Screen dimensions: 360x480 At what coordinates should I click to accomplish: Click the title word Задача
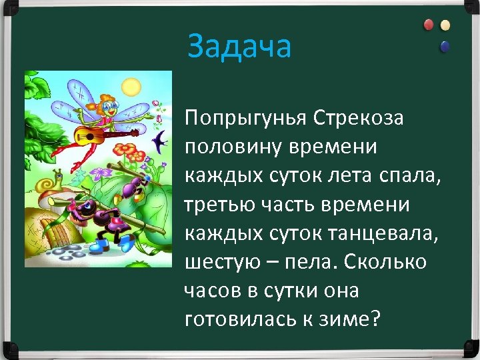(x=239, y=47)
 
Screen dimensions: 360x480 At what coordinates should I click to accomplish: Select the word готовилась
(x=243, y=319)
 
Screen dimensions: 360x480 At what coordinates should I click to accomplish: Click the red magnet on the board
(x=429, y=25)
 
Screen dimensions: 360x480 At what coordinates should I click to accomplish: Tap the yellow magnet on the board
(x=445, y=25)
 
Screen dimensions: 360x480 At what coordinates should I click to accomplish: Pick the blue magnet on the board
(x=445, y=47)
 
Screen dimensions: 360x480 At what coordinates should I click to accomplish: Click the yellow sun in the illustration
(x=131, y=86)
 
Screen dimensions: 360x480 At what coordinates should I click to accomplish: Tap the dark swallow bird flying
(x=161, y=141)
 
